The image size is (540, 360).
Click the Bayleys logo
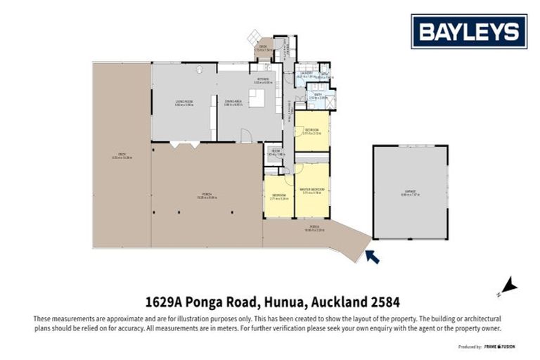(x=469, y=32)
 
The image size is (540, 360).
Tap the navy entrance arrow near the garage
(x=372, y=257)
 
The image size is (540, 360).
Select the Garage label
(x=410, y=191)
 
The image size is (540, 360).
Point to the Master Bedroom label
(x=311, y=190)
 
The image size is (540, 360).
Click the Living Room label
(x=184, y=103)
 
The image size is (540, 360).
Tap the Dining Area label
(x=233, y=103)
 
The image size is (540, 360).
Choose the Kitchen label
(x=262, y=79)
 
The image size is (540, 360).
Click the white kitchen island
(x=257, y=98)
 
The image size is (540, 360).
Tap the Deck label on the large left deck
(x=122, y=156)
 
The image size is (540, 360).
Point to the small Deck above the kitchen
(x=263, y=50)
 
